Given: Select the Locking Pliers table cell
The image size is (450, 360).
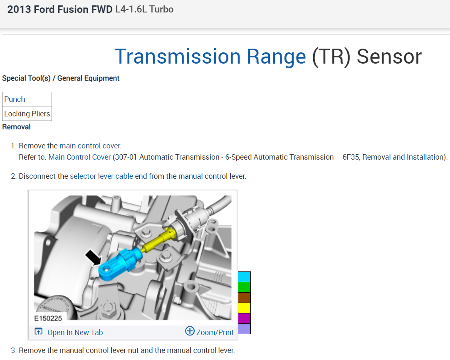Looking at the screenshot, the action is point(27,114).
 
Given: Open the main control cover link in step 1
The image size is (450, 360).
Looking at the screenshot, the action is point(90,146).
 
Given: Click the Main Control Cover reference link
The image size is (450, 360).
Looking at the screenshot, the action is point(79,157).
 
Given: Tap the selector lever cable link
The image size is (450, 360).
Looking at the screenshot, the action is point(101,176).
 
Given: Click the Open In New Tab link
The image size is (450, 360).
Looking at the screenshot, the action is point(69,332).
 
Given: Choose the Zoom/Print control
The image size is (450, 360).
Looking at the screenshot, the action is point(210,332).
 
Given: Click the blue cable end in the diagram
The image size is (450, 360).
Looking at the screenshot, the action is point(116,266).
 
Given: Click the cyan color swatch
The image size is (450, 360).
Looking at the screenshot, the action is point(244,277).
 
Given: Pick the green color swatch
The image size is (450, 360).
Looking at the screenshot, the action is point(244,287).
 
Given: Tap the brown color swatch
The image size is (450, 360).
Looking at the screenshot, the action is point(244,298).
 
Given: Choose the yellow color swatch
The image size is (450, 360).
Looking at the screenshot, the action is point(244,308).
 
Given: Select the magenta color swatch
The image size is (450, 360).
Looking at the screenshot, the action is point(244,318).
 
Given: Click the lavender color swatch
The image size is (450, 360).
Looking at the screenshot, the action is point(244,329).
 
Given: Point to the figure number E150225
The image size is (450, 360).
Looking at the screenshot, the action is point(49,319).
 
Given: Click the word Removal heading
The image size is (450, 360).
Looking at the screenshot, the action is point(16,127).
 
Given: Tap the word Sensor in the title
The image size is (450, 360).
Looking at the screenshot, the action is point(389,57).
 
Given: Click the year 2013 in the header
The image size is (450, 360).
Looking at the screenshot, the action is point(19,10).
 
